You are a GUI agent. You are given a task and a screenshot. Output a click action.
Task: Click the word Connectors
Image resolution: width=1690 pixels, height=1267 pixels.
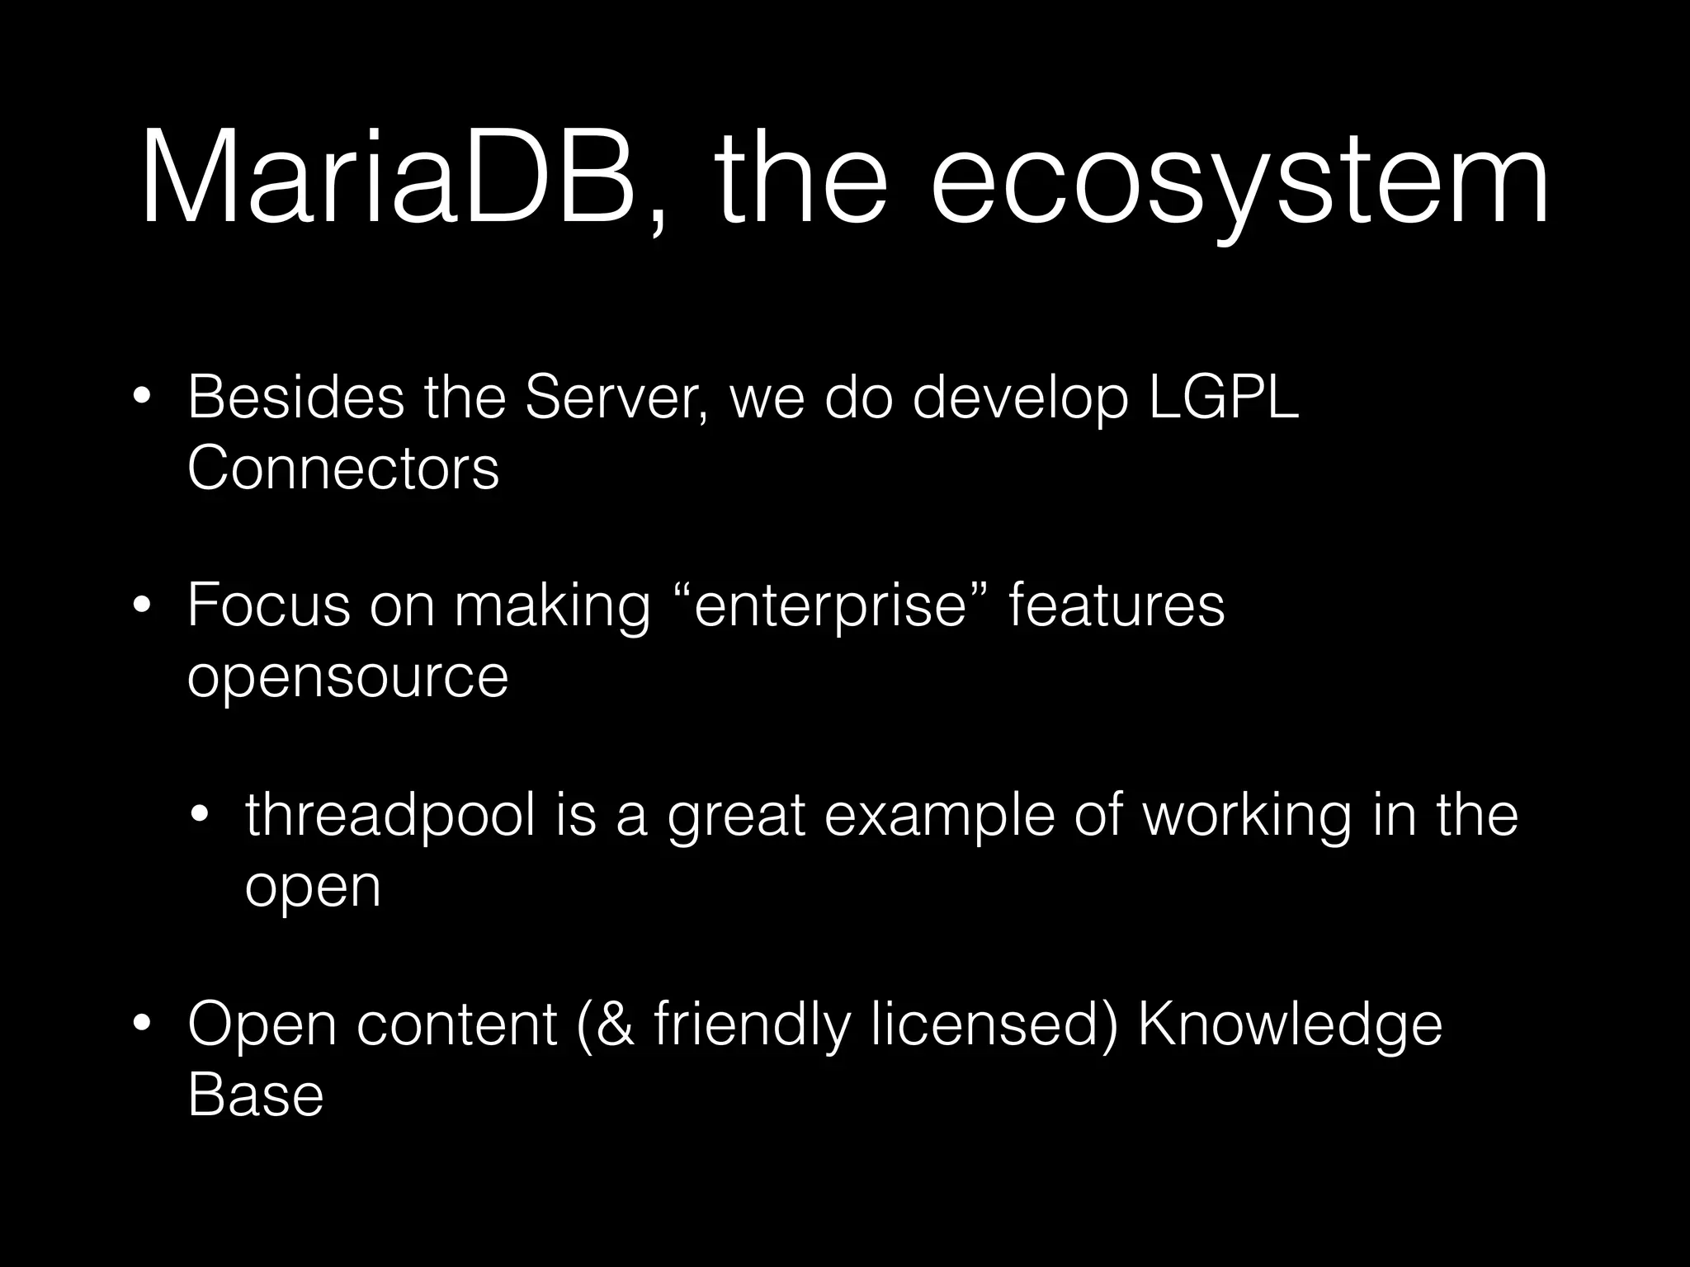coord(343,469)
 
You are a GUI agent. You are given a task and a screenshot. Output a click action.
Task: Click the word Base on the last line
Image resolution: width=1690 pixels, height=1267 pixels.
coord(256,1095)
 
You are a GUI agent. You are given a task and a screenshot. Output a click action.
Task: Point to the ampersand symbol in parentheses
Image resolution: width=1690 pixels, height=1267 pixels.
coord(615,1024)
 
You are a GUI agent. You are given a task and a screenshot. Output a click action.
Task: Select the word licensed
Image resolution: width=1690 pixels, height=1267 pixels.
coord(994,1024)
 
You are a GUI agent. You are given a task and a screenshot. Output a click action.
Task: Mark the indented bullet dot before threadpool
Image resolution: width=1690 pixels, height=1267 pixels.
coord(200,816)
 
